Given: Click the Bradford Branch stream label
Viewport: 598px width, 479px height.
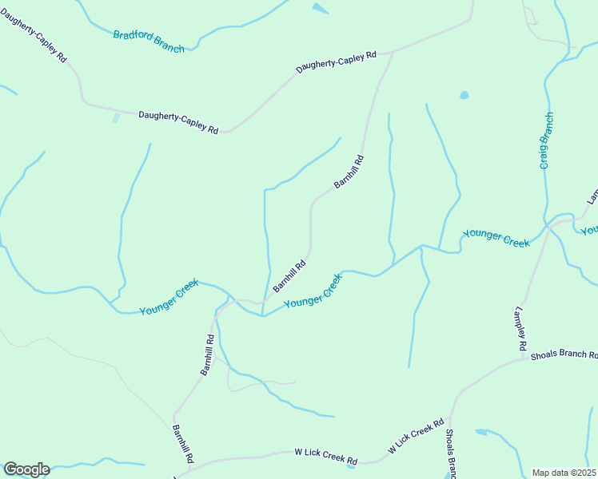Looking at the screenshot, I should point(149,42).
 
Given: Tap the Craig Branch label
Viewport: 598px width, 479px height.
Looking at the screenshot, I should point(546,141).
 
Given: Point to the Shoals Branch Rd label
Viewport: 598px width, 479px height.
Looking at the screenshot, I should point(564,355).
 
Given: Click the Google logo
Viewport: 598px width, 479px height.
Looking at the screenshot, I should point(26,469).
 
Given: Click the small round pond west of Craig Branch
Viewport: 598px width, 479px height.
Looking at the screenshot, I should point(464,96).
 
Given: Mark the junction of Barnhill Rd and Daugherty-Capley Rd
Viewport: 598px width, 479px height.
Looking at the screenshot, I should point(393,53).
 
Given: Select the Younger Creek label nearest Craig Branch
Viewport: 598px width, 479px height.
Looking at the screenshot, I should point(496,237).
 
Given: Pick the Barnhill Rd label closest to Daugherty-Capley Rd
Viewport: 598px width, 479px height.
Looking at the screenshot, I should point(349,172).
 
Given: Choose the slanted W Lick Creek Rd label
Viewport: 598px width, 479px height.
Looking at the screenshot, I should point(416,437).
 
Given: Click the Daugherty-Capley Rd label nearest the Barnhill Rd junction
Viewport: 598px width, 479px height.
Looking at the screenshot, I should point(336,62).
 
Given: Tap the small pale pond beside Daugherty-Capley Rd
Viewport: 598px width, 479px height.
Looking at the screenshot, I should point(116,118).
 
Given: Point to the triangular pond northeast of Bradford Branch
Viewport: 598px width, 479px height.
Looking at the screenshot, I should point(320,8).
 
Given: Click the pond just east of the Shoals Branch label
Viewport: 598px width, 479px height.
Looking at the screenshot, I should point(481,433).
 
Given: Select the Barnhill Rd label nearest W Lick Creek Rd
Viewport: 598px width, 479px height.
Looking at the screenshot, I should point(182,443).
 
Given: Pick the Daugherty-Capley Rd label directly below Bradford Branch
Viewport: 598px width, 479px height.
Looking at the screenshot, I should point(178,121).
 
